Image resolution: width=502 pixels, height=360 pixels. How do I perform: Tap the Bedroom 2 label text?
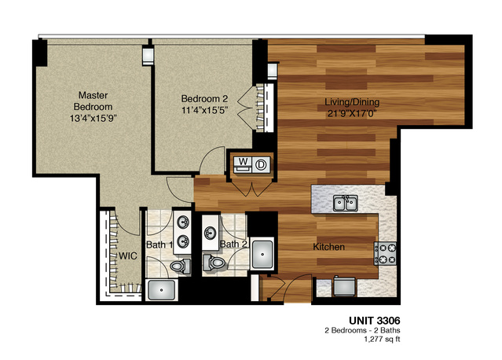[x=204, y=98]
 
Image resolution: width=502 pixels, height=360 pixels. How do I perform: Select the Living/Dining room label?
[x=350, y=102]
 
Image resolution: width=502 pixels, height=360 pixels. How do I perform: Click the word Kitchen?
[x=329, y=247]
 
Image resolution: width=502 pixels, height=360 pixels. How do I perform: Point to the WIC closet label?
[x=128, y=256]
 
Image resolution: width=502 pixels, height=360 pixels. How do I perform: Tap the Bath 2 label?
[x=233, y=244]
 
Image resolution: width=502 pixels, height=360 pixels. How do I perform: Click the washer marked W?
[x=243, y=163]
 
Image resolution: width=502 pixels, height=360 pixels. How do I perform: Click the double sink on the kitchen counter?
[x=346, y=204]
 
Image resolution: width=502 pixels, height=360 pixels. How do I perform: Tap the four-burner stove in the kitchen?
[x=387, y=252]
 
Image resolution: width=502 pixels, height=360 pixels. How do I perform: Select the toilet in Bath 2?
[x=213, y=263]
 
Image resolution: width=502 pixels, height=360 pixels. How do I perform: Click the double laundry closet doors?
[x=251, y=189]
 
